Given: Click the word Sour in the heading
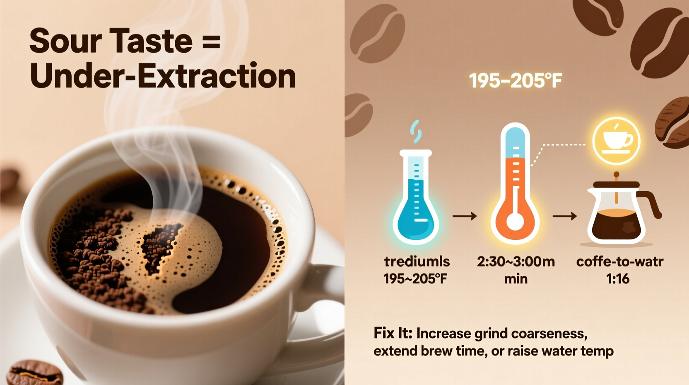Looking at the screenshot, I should point(65,41).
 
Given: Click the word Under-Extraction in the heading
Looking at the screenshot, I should point(163,76).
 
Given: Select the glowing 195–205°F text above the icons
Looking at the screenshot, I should point(515,80).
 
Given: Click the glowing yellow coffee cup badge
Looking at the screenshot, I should point(617,141).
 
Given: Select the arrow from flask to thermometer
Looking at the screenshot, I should point(465,216).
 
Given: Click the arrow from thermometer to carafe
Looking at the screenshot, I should point(564,216).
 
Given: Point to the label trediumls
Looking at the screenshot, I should point(417,261).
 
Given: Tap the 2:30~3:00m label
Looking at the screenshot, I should point(516,261).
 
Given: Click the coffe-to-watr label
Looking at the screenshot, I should point(619,261).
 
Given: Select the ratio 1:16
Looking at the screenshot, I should point(618,278).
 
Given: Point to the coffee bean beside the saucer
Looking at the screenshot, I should point(35,373).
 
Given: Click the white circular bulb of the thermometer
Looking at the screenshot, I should point(515,221).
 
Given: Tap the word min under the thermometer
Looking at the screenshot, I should point(516,278).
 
